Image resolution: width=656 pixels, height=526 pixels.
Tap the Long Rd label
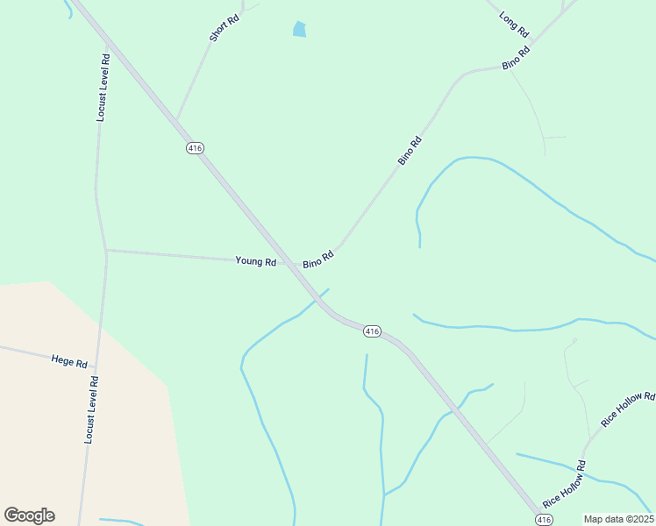click(515, 24)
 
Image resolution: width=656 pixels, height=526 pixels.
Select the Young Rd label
click(256, 261)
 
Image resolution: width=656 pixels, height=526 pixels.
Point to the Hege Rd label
click(69, 361)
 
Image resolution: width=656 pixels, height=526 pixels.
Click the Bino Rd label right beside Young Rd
click(318, 259)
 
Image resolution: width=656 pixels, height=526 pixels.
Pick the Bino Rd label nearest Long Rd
click(517, 59)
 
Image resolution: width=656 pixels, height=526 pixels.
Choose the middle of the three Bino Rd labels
click(410, 151)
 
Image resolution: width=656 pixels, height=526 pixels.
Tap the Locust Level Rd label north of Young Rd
click(103, 87)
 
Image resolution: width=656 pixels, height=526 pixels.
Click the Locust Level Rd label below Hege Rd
click(91, 409)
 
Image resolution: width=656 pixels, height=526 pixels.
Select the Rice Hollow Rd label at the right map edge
click(628, 409)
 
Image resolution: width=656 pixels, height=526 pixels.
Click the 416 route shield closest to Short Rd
click(195, 148)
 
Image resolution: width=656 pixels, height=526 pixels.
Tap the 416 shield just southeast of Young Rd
click(372, 331)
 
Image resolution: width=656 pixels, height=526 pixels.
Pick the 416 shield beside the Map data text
click(545, 520)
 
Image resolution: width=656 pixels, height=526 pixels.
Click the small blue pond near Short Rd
click(300, 30)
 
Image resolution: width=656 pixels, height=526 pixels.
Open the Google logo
click(29, 515)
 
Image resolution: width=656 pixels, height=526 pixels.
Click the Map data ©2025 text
click(618, 519)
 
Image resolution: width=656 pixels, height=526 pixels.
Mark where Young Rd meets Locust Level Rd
click(106, 251)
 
